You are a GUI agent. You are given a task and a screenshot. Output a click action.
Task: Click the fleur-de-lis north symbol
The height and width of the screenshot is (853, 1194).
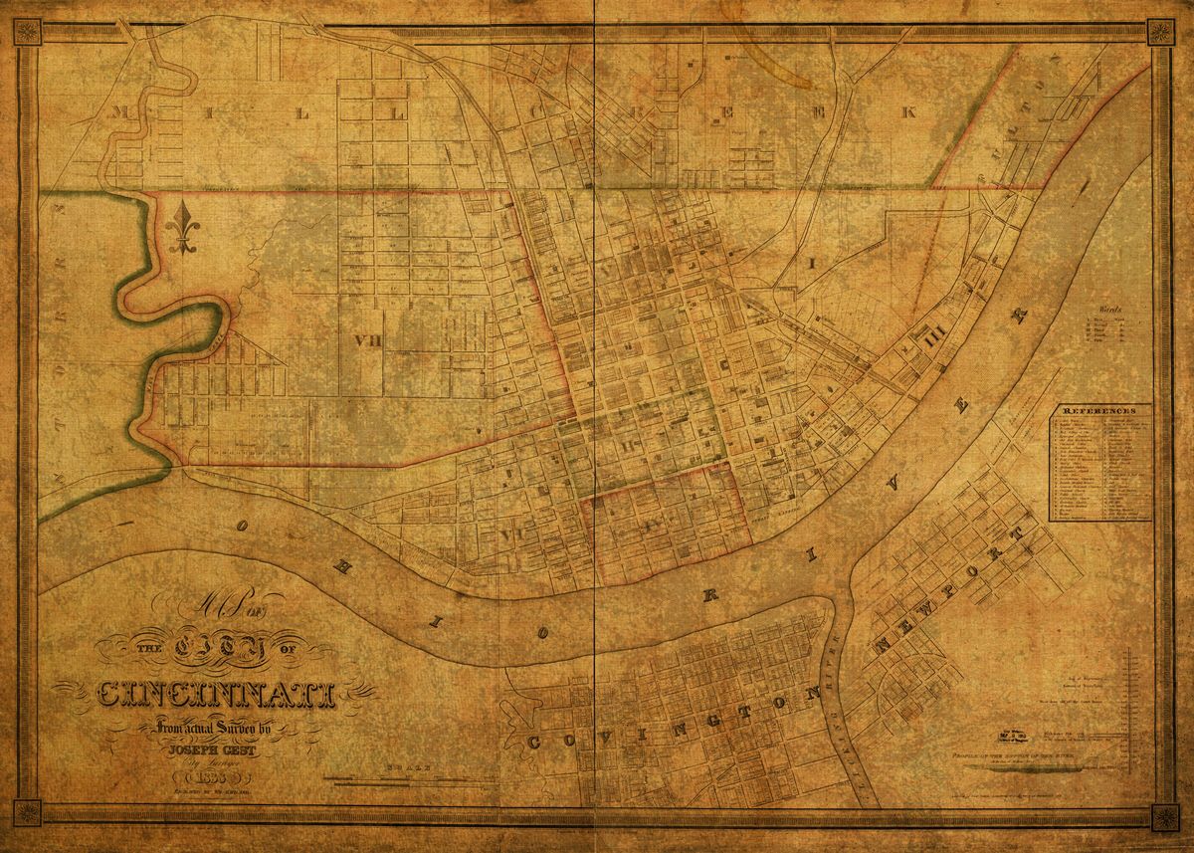pyautogui.click(x=182, y=229)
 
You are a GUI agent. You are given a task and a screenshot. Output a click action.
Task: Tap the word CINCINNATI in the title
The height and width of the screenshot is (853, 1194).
pyautogui.click(x=217, y=695)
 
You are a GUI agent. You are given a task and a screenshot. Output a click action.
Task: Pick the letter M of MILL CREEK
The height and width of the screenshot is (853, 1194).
pyautogui.click(x=123, y=111)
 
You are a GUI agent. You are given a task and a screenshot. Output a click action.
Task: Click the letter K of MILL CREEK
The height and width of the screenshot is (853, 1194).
pyautogui.click(x=906, y=111)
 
